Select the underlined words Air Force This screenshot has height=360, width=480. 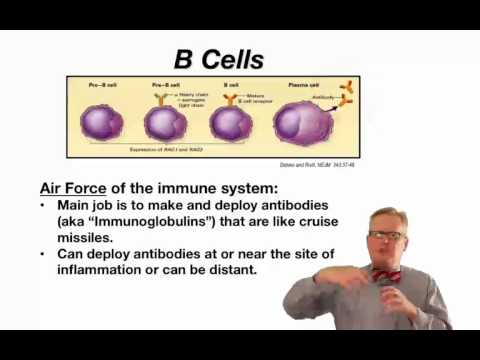pyautogui.click(x=85, y=187)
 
